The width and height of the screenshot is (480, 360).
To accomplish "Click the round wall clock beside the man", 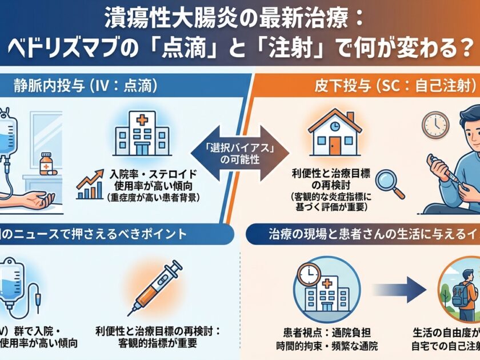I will pos(435,124).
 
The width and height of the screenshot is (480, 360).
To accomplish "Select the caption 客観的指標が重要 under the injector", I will pos(158,345).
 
